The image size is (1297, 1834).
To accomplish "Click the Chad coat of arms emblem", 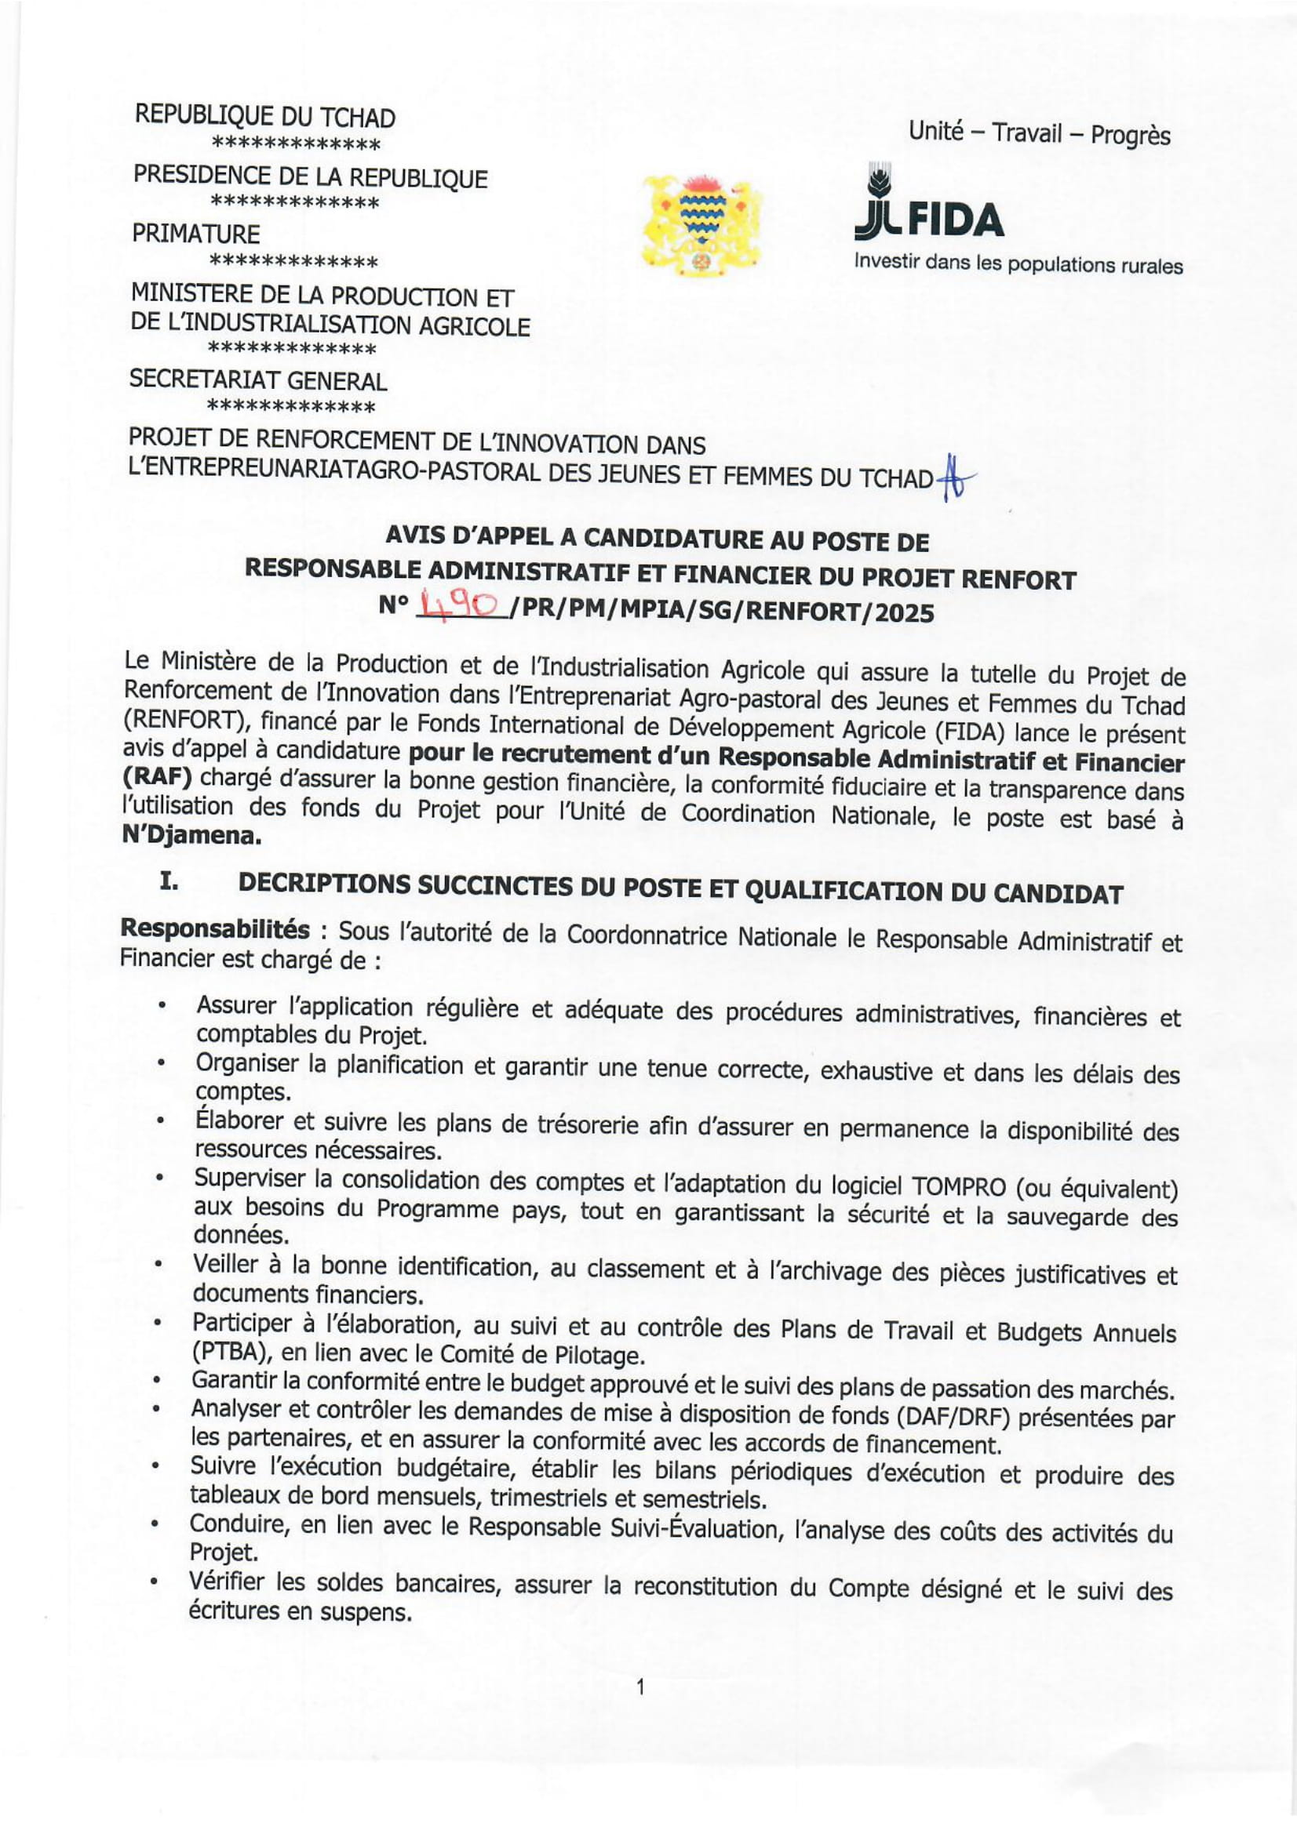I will tap(701, 225).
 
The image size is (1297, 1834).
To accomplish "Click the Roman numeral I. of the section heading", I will tap(168, 881).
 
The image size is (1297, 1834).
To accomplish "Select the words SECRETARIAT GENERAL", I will tap(258, 380).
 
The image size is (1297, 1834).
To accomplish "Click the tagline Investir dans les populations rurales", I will tap(1018, 263).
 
